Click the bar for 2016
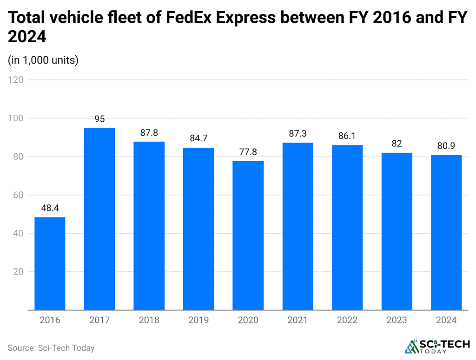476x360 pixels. (50, 263)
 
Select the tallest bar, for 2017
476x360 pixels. (99, 219)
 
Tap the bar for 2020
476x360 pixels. (248, 235)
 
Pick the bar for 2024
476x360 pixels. (446, 232)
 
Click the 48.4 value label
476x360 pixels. (50, 209)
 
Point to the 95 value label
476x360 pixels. (99, 119)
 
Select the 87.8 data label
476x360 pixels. (149, 133)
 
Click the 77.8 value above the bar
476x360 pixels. (248, 152)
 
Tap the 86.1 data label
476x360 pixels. (347, 136)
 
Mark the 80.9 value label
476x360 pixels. (446, 146)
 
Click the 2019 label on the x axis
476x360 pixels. (198, 320)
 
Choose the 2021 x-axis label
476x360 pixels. (297, 320)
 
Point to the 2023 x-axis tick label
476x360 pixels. (397, 320)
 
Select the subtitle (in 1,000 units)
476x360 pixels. (43, 60)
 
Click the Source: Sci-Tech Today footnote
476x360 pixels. (51, 347)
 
